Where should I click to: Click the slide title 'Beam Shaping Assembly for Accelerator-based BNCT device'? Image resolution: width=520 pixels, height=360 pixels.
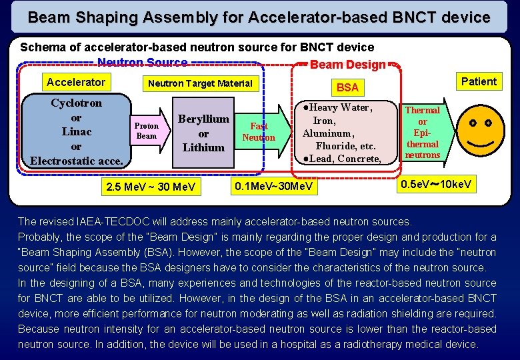[x=259, y=17]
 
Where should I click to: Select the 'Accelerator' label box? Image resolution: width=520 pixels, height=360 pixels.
[x=75, y=82]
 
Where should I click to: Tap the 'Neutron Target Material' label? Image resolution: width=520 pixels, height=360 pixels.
[x=200, y=83]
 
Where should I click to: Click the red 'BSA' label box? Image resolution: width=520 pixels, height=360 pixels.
[x=347, y=87]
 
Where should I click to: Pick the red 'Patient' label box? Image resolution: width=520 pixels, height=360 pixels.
[x=479, y=81]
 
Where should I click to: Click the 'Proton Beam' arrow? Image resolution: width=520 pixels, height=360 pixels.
[x=147, y=131]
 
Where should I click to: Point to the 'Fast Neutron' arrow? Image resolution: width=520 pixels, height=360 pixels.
[x=259, y=131]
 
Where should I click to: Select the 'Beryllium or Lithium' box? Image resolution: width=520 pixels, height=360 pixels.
[x=203, y=133]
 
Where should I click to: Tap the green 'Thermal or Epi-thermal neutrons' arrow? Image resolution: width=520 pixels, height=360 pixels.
[x=423, y=133]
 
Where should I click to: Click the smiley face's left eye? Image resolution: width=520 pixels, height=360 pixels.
[x=471, y=124]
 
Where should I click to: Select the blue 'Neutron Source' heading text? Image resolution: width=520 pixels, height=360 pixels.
[x=142, y=63]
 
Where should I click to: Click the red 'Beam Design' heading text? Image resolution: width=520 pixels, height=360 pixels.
[x=347, y=65]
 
